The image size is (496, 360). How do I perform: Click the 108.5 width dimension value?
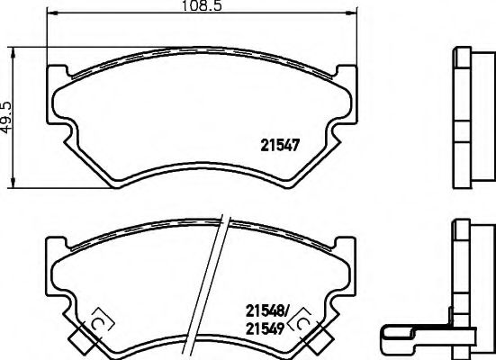pos(204,6)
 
